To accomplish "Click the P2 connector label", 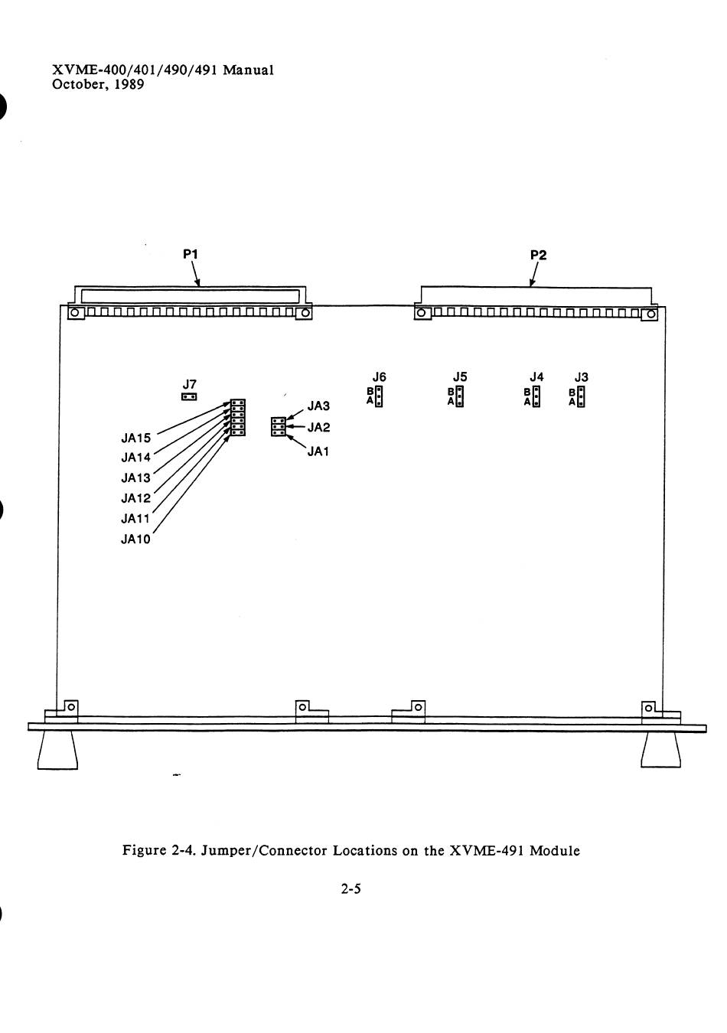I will tap(539, 255).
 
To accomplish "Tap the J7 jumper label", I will tap(190, 383).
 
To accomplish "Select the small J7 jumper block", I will tap(189, 397).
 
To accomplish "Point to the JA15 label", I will tap(136, 438).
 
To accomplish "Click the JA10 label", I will tap(136, 539).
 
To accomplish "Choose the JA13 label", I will tap(136, 478).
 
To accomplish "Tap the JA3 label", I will tap(318, 406).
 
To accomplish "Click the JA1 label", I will tap(318, 451).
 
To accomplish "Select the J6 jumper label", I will tap(379, 376).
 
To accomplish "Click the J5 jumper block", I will tap(459, 396).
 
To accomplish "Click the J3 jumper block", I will tap(582, 396).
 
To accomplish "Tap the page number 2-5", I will tap(351, 889).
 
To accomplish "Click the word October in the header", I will tap(77, 84).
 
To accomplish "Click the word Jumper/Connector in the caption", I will tap(267, 850).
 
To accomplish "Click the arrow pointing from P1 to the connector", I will tap(197, 274).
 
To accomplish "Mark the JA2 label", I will tap(318, 428).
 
